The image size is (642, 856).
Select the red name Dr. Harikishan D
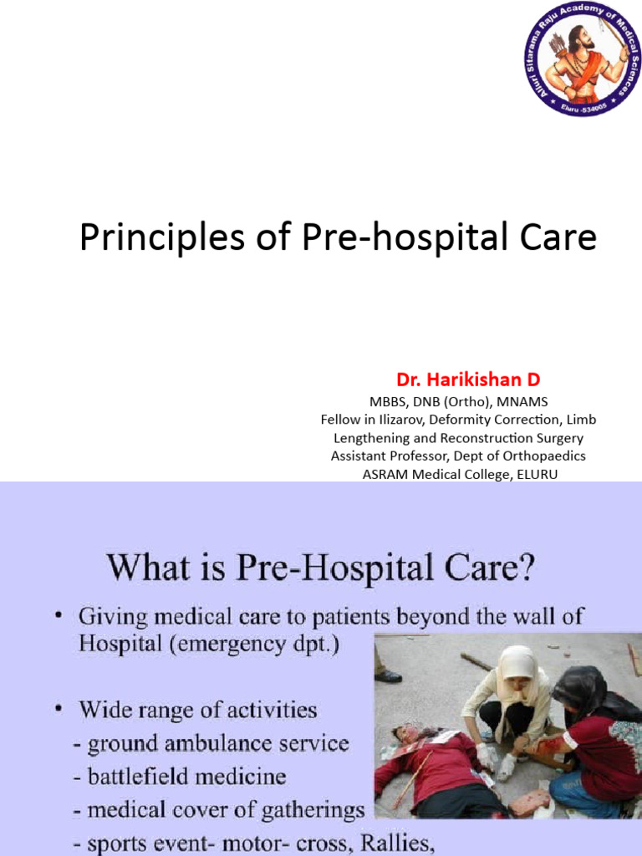(468, 380)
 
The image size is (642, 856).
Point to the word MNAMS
(521, 401)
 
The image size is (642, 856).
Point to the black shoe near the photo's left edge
(388, 675)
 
